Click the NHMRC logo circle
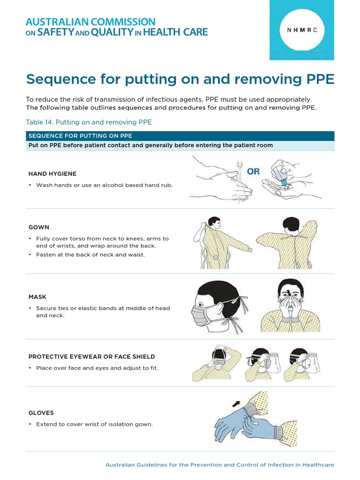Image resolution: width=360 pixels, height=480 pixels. click(x=302, y=29)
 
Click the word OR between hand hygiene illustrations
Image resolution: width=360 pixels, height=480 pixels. click(x=253, y=172)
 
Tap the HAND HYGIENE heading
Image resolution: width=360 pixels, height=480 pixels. click(x=52, y=174)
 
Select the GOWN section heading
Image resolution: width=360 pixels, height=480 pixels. click(x=39, y=227)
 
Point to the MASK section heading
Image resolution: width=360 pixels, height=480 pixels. click(x=37, y=297)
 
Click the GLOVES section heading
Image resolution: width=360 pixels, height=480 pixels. click(x=41, y=413)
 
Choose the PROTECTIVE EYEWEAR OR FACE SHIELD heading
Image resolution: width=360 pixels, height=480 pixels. click(x=91, y=357)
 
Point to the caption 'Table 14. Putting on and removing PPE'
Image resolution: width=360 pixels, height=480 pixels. click(x=89, y=122)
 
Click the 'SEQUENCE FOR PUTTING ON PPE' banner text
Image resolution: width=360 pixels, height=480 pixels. click(x=80, y=136)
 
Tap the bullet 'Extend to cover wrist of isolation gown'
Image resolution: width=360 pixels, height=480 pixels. click(x=94, y=424)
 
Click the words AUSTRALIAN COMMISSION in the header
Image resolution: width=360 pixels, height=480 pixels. click(x=90, y=22)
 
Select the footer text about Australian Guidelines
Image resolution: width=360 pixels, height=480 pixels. click(x=219, y=465)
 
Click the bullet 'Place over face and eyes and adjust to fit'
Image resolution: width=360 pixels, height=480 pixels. click(x=97, y=368)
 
